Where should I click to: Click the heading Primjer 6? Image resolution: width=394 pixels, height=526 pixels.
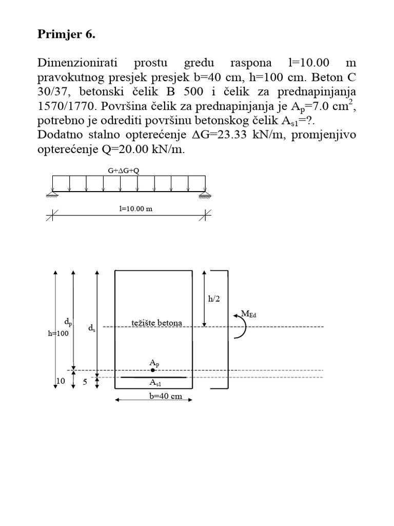(67, 35)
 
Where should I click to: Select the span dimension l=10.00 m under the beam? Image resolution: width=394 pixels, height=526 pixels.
(129, 209)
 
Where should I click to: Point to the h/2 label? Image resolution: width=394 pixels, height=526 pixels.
(214, 299)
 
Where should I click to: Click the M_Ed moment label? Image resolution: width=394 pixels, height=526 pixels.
(249, 314)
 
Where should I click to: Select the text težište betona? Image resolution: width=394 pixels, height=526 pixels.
(157, 323)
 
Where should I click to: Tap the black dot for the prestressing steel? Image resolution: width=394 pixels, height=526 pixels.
(153, 370)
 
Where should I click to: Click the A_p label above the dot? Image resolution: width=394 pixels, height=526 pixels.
(154, 363)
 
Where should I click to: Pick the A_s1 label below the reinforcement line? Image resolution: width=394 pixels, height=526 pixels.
(155, 383)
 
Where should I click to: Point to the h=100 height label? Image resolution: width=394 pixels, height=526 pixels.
(57, 333)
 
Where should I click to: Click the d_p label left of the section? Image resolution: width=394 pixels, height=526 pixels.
(68, 322)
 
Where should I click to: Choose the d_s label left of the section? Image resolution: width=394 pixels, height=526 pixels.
(92, 327)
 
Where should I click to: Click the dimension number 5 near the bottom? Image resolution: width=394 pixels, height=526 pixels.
(85, 382)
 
